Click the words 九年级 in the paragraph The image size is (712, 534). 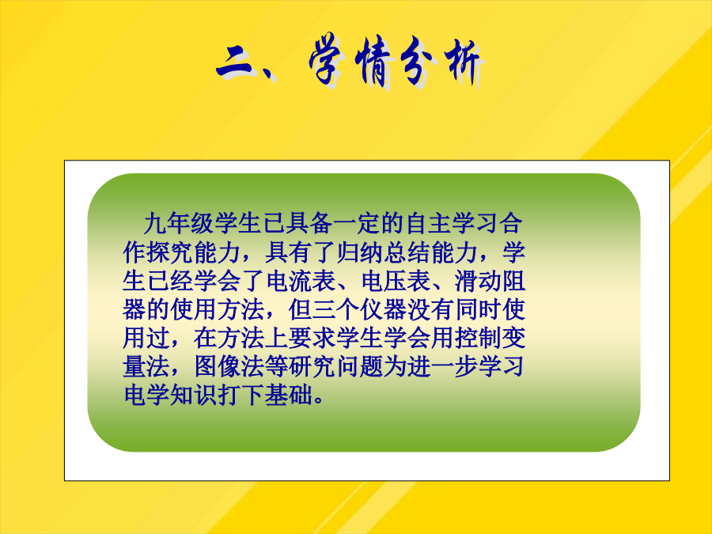click(x=180, y=223)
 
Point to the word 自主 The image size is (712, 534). click(x=429, y=223)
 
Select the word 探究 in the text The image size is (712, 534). click(x=170, y=252)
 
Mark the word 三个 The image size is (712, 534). click(x=336, y=309)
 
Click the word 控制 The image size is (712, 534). click(x=479, y=338)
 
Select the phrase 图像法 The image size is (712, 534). click(x=229, y=367)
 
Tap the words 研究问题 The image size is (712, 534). click(x=336, y=367)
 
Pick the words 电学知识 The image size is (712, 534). click(x=170, y=395)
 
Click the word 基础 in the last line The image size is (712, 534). click(x=289, y=395)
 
